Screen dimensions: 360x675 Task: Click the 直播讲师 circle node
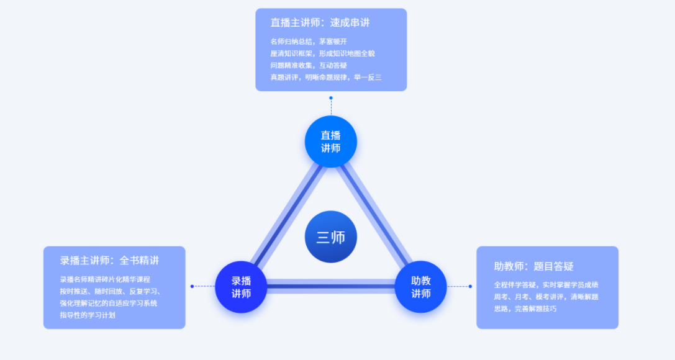click(331, 142)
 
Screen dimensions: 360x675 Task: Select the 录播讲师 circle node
click(241, 287)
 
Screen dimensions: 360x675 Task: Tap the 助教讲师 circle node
click(421, 287)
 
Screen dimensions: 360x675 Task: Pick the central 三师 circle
click(331, 236)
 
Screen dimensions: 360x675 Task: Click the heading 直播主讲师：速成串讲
click(320, 22)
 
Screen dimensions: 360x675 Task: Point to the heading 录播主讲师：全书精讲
click(110, 260)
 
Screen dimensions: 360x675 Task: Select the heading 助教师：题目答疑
click(533, 266)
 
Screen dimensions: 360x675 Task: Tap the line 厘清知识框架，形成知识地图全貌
click(322, 53)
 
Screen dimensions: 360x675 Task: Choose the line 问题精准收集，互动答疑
click(309, 65)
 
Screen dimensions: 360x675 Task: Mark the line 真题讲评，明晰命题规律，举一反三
click(325, 78)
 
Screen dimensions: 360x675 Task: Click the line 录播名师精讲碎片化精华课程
click(105, 279)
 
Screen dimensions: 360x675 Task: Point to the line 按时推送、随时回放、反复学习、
click(111, 291)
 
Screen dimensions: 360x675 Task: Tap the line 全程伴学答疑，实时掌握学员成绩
click(546, 285)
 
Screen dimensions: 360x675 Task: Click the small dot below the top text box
click(331, 98)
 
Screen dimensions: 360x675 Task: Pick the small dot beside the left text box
click(193, 286)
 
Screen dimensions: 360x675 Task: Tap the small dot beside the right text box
click(470, 286)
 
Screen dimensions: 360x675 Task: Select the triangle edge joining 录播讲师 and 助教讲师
click(331, 287)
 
